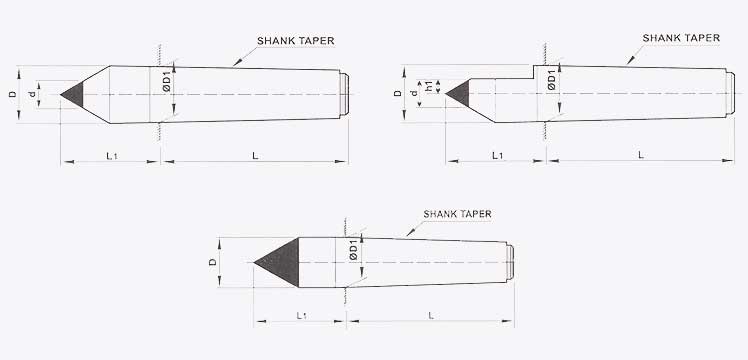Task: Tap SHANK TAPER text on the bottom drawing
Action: point(457,214)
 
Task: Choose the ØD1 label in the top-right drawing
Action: point(551,81)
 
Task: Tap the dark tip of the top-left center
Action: point(73,94)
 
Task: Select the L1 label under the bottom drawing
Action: point(302,315)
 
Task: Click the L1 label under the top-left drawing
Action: point(112,153)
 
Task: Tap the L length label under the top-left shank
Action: point(256,153)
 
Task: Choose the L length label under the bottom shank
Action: point(430,315)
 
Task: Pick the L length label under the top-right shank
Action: point(641,154)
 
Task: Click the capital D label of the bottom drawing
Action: point(211,262)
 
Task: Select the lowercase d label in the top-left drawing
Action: point(33,94)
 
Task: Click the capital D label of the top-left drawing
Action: point(13,94)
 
